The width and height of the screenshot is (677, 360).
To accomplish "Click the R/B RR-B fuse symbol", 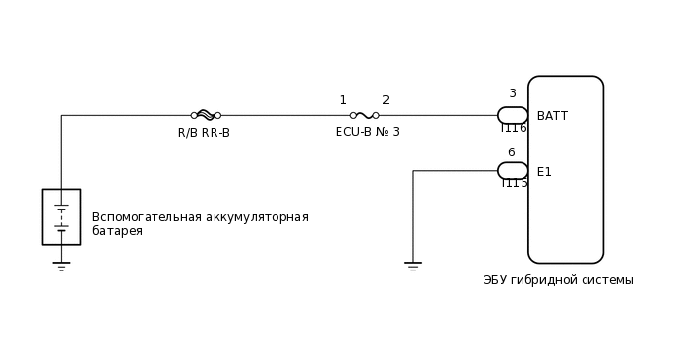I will coord(206,115).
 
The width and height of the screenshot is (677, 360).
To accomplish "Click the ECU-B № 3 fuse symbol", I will coord(364,115).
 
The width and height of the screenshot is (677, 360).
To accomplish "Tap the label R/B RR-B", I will coord(204,133).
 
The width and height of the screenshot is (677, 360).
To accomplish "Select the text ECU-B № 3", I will coord(367,132).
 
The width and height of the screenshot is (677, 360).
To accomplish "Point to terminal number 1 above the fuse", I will coord(343,100).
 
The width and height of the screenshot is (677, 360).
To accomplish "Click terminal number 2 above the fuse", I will coord(386,100).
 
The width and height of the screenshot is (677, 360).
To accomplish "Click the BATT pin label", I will coord(552,116).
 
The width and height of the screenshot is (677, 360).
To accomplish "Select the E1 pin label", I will coord(544,172).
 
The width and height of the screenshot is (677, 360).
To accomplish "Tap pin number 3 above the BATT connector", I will coord(512,94).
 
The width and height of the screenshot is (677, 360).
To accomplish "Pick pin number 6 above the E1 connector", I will coord(511,152).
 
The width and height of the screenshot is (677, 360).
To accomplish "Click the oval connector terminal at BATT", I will coord(513,115).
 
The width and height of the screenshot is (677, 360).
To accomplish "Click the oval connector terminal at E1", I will coord(513,171).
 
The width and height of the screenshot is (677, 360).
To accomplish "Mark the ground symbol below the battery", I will coord(61,266).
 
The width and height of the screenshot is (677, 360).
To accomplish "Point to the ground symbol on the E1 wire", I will coord(413,266).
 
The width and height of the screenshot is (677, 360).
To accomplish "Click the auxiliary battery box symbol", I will coord(61,216).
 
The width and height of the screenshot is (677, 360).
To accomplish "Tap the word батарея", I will coord(117,232).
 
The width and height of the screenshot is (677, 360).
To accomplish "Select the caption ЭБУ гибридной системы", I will coord(558,280).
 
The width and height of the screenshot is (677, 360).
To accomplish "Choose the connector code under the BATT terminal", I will coord(514,129).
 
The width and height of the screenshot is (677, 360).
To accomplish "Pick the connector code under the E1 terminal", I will coord(514,184).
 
